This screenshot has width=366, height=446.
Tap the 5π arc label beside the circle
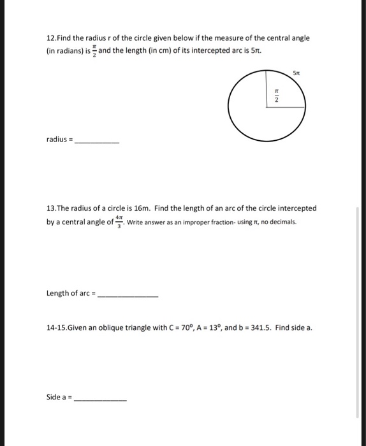click(x=295, y=73)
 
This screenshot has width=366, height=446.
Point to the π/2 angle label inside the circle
click(x=276, y=96)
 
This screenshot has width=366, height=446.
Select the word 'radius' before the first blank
click(x=57, y=139)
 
